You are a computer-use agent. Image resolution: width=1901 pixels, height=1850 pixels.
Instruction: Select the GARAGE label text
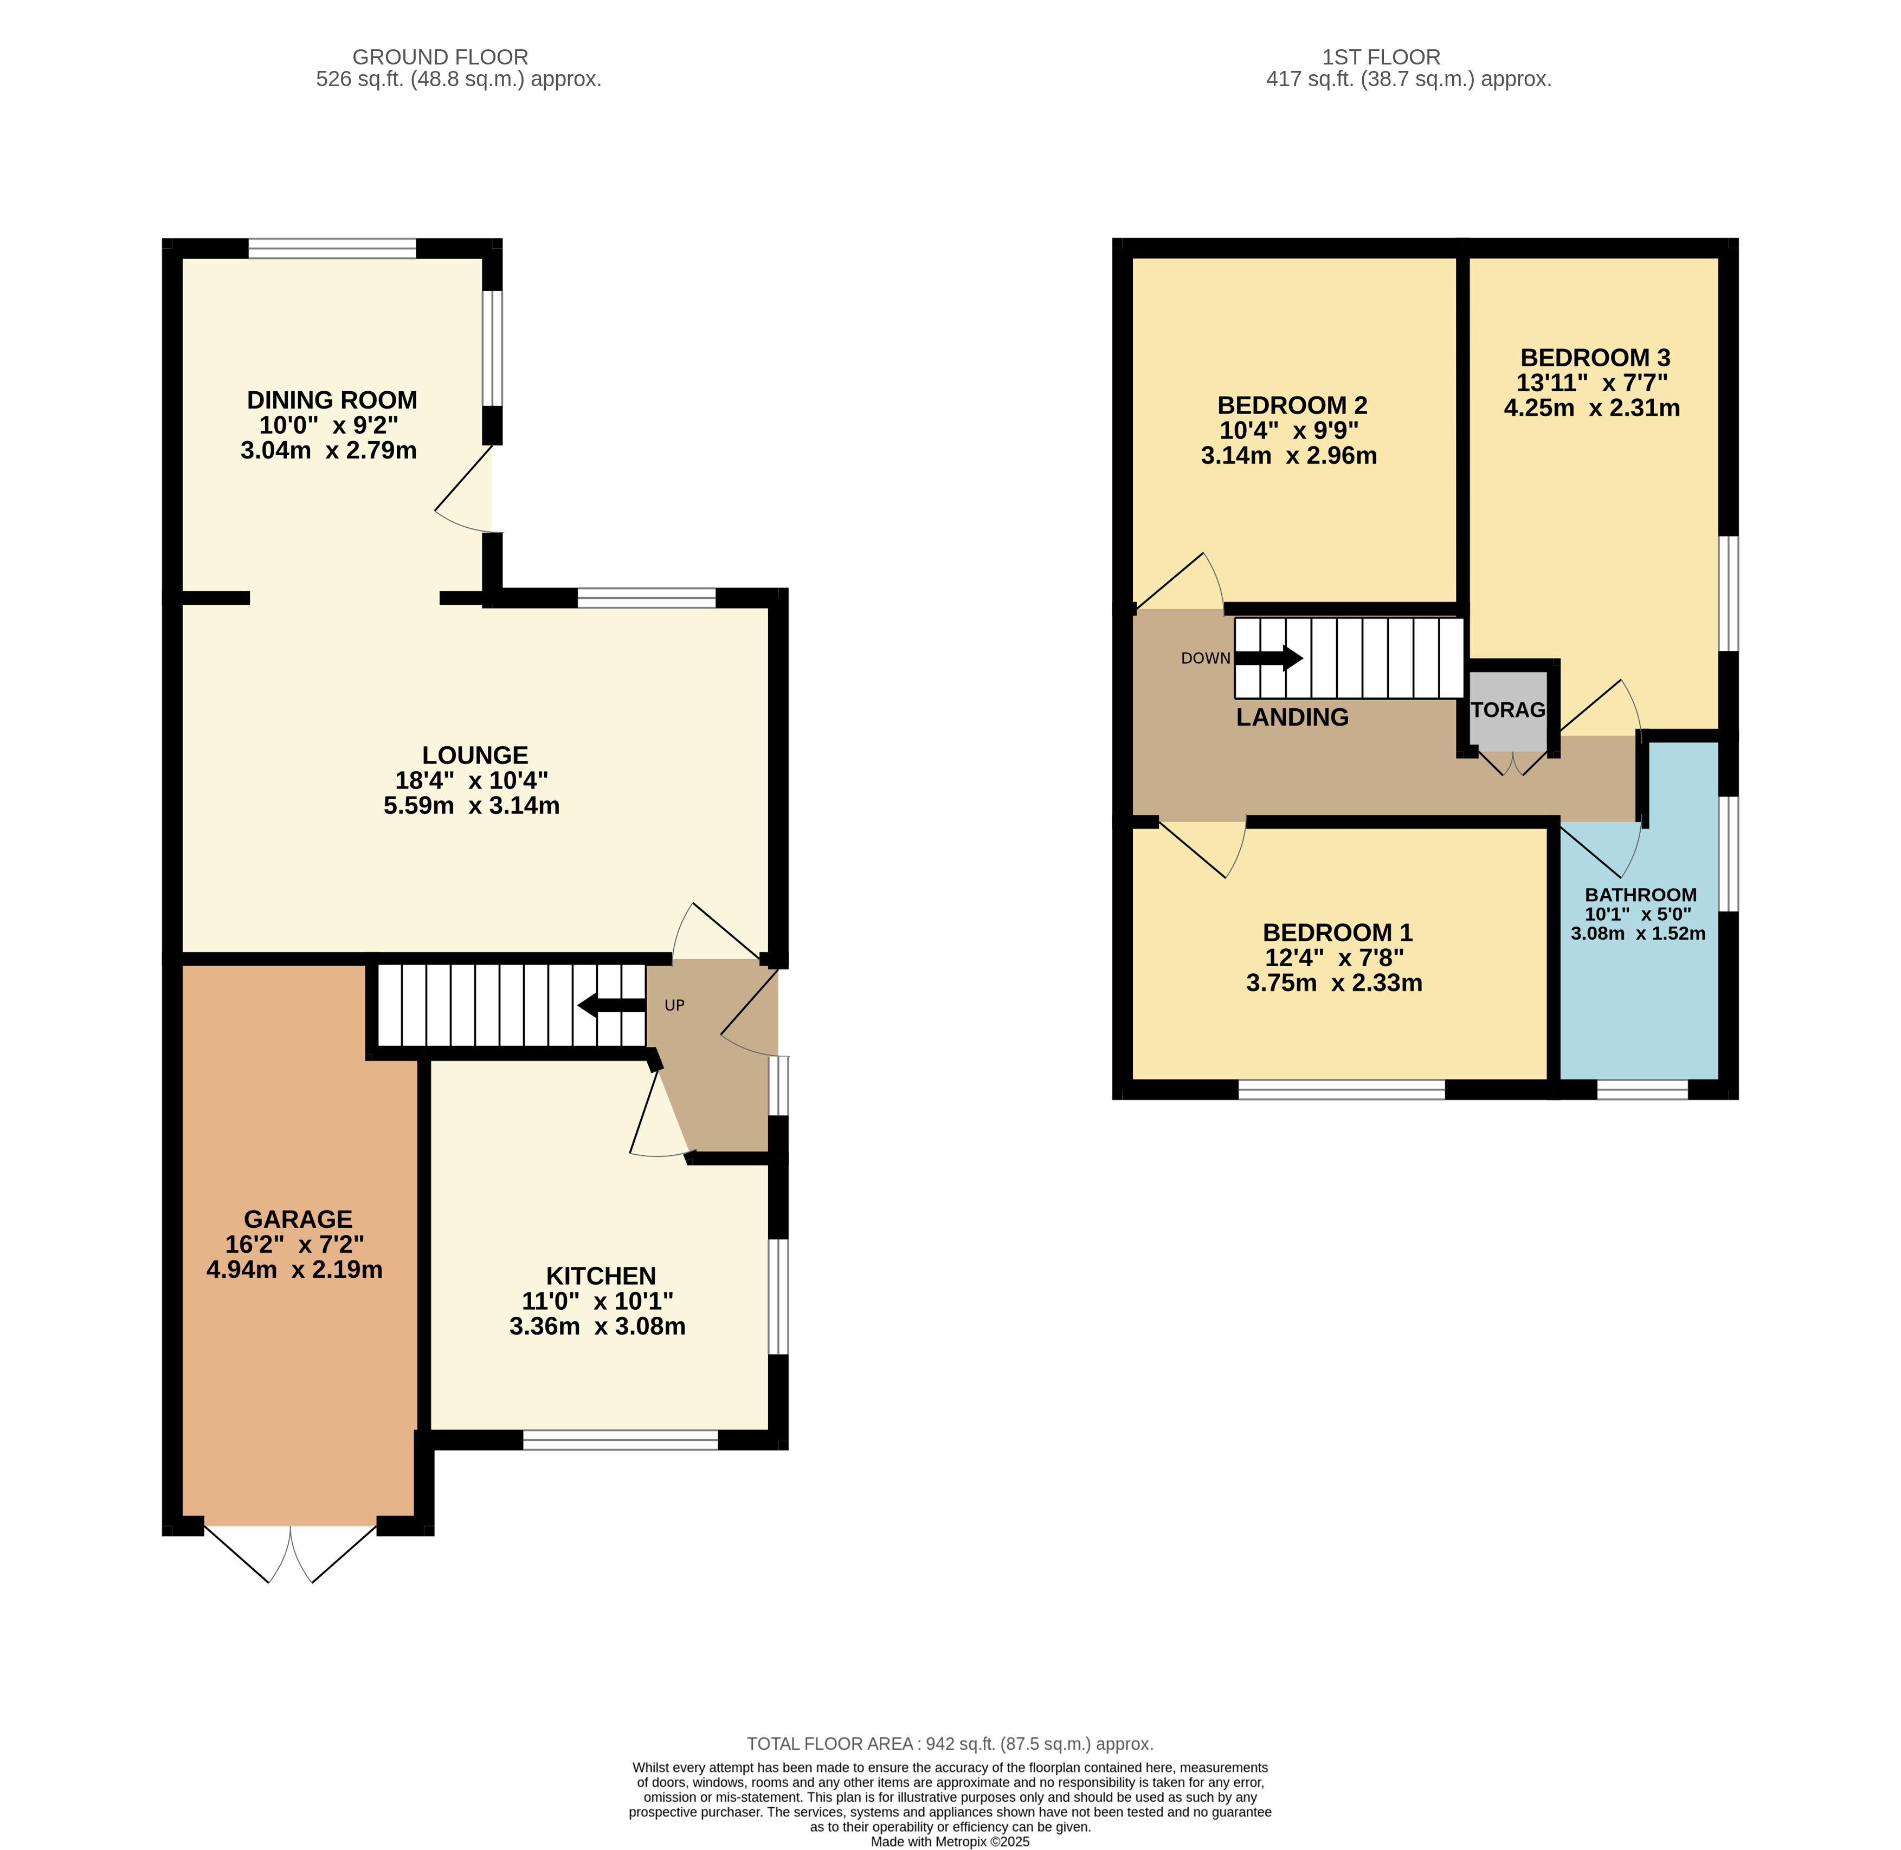298,1219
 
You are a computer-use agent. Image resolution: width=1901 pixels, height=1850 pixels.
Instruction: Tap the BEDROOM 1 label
1337,933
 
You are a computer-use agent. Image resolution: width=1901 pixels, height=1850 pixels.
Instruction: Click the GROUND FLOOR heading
440,57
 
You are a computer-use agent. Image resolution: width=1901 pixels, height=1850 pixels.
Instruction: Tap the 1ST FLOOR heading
1381,57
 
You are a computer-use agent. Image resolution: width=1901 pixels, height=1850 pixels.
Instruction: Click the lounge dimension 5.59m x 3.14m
472,805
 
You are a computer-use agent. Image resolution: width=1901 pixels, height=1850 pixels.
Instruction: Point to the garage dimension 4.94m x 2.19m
294,1270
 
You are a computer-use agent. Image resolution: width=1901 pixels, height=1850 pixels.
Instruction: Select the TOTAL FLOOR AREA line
950,1744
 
